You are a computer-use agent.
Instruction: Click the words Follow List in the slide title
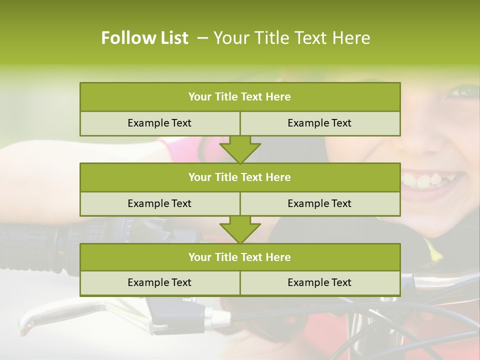pos(144,38)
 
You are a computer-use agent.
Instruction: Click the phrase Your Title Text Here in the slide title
pos(292,38)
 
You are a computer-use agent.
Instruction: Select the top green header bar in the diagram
pos(240,96)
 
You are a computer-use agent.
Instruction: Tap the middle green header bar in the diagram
pos(240,177)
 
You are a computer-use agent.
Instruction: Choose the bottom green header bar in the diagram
pos(240,257)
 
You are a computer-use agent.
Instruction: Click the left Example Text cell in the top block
pos(159,123)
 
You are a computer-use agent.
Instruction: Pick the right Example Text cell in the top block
pos(319,123)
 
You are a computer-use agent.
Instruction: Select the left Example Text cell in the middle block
pos(159,203)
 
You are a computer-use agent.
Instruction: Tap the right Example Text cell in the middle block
pos(319,203)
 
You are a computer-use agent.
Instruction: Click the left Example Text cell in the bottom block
pos(159,282)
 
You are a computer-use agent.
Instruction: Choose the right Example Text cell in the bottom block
pos(319,282)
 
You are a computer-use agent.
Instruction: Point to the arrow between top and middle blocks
pos(240,149)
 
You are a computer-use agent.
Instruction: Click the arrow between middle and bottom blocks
pos(240,229)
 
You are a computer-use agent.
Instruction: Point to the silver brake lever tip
pos(27,325)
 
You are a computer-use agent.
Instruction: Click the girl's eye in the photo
pos(465,91)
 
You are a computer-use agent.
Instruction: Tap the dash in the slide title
pos(202,38)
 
